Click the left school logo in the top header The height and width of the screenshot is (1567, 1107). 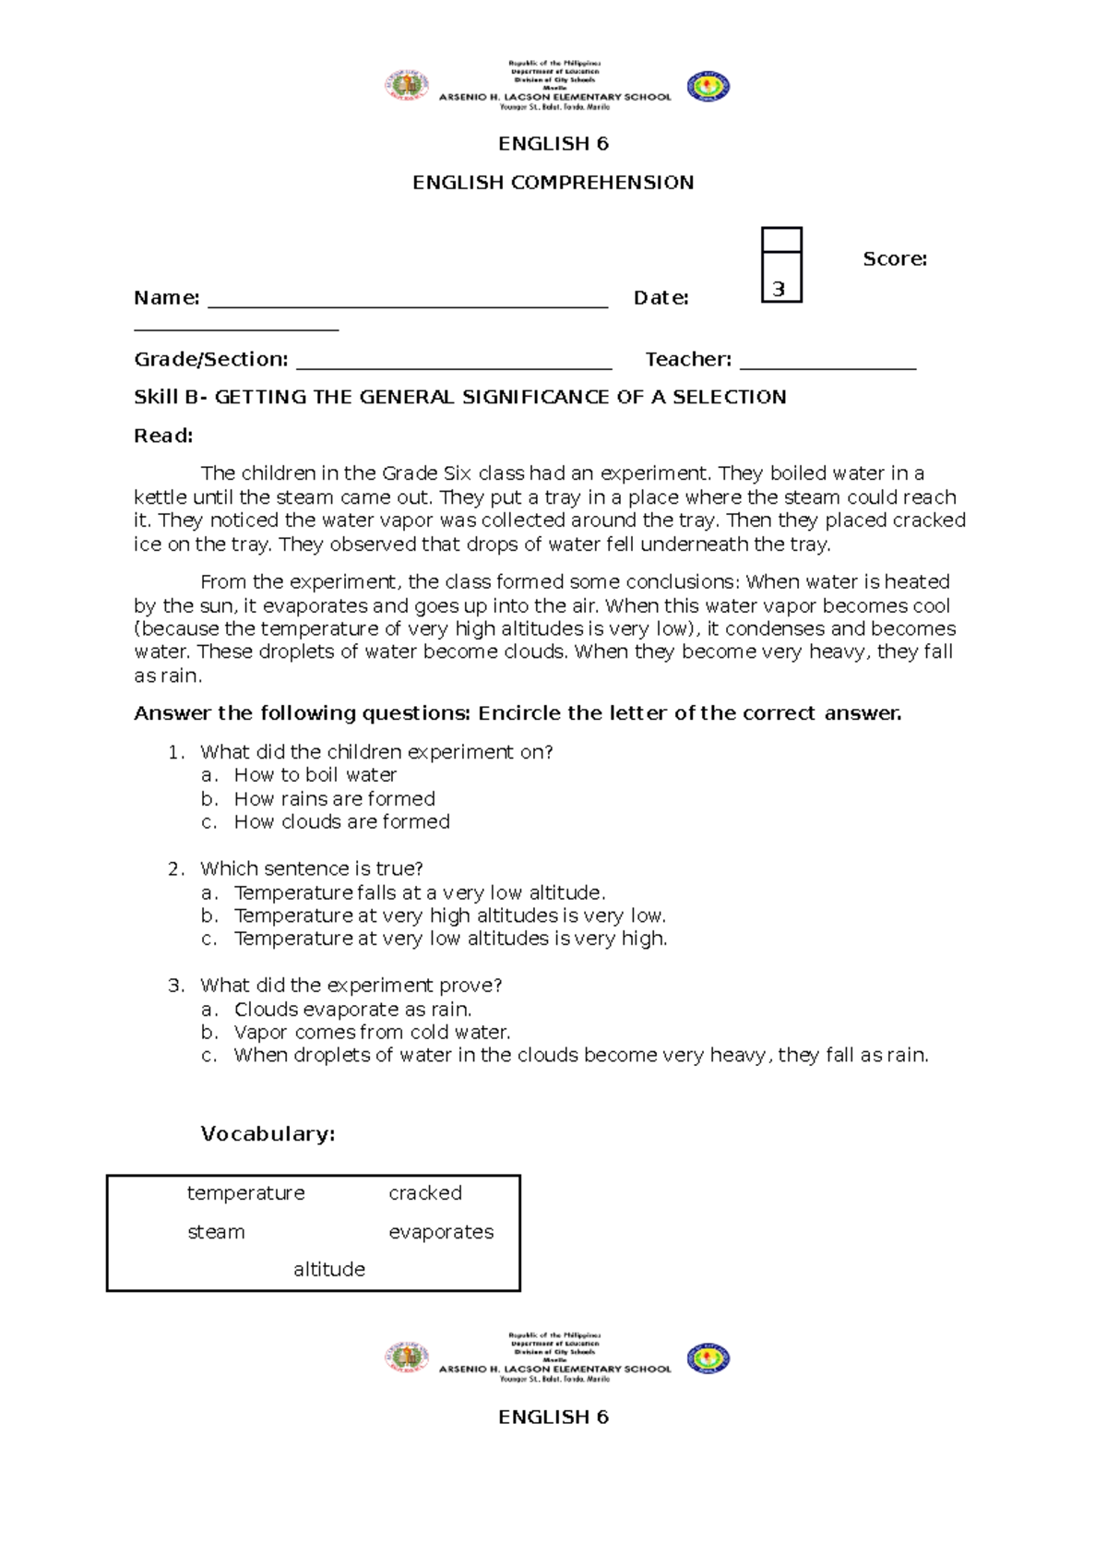[406, 86]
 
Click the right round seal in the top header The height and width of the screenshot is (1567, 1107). [708, 87]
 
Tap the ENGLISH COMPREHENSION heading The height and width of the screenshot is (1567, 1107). [553, 183]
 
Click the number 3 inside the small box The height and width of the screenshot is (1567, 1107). [779, 289]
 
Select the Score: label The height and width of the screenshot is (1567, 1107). [894, 259]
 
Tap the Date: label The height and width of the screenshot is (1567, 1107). [661, 298]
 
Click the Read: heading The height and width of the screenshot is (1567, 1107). [163, 436]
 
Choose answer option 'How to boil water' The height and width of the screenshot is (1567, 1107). [315, 775]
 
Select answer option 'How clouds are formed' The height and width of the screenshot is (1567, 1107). [341, 822]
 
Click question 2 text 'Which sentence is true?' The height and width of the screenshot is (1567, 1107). [311, 868]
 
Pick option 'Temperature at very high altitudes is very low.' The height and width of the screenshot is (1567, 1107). [449, 915]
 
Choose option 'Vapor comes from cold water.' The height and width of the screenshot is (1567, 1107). [372, 1033]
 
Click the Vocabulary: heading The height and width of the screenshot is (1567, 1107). [268, 1134]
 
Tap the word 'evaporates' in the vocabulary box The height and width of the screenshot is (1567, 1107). [441, 1232]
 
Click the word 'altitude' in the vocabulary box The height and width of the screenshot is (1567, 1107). [328, 1270]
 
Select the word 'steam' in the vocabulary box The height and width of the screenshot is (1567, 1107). [216, 1232]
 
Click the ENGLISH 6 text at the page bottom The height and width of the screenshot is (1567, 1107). [553, 1417]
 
